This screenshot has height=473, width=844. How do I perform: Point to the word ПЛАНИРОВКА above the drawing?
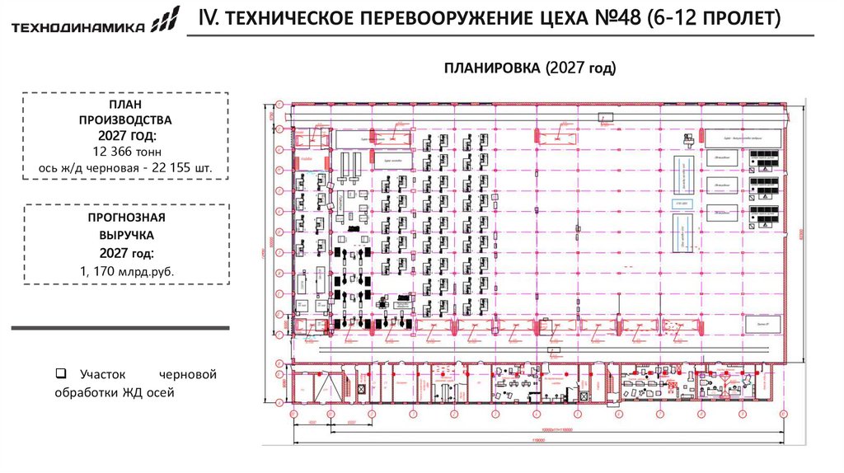point(491,68)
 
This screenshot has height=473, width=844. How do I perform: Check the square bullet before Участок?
point(60,374)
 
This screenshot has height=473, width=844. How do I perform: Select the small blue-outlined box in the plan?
point(681,203)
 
